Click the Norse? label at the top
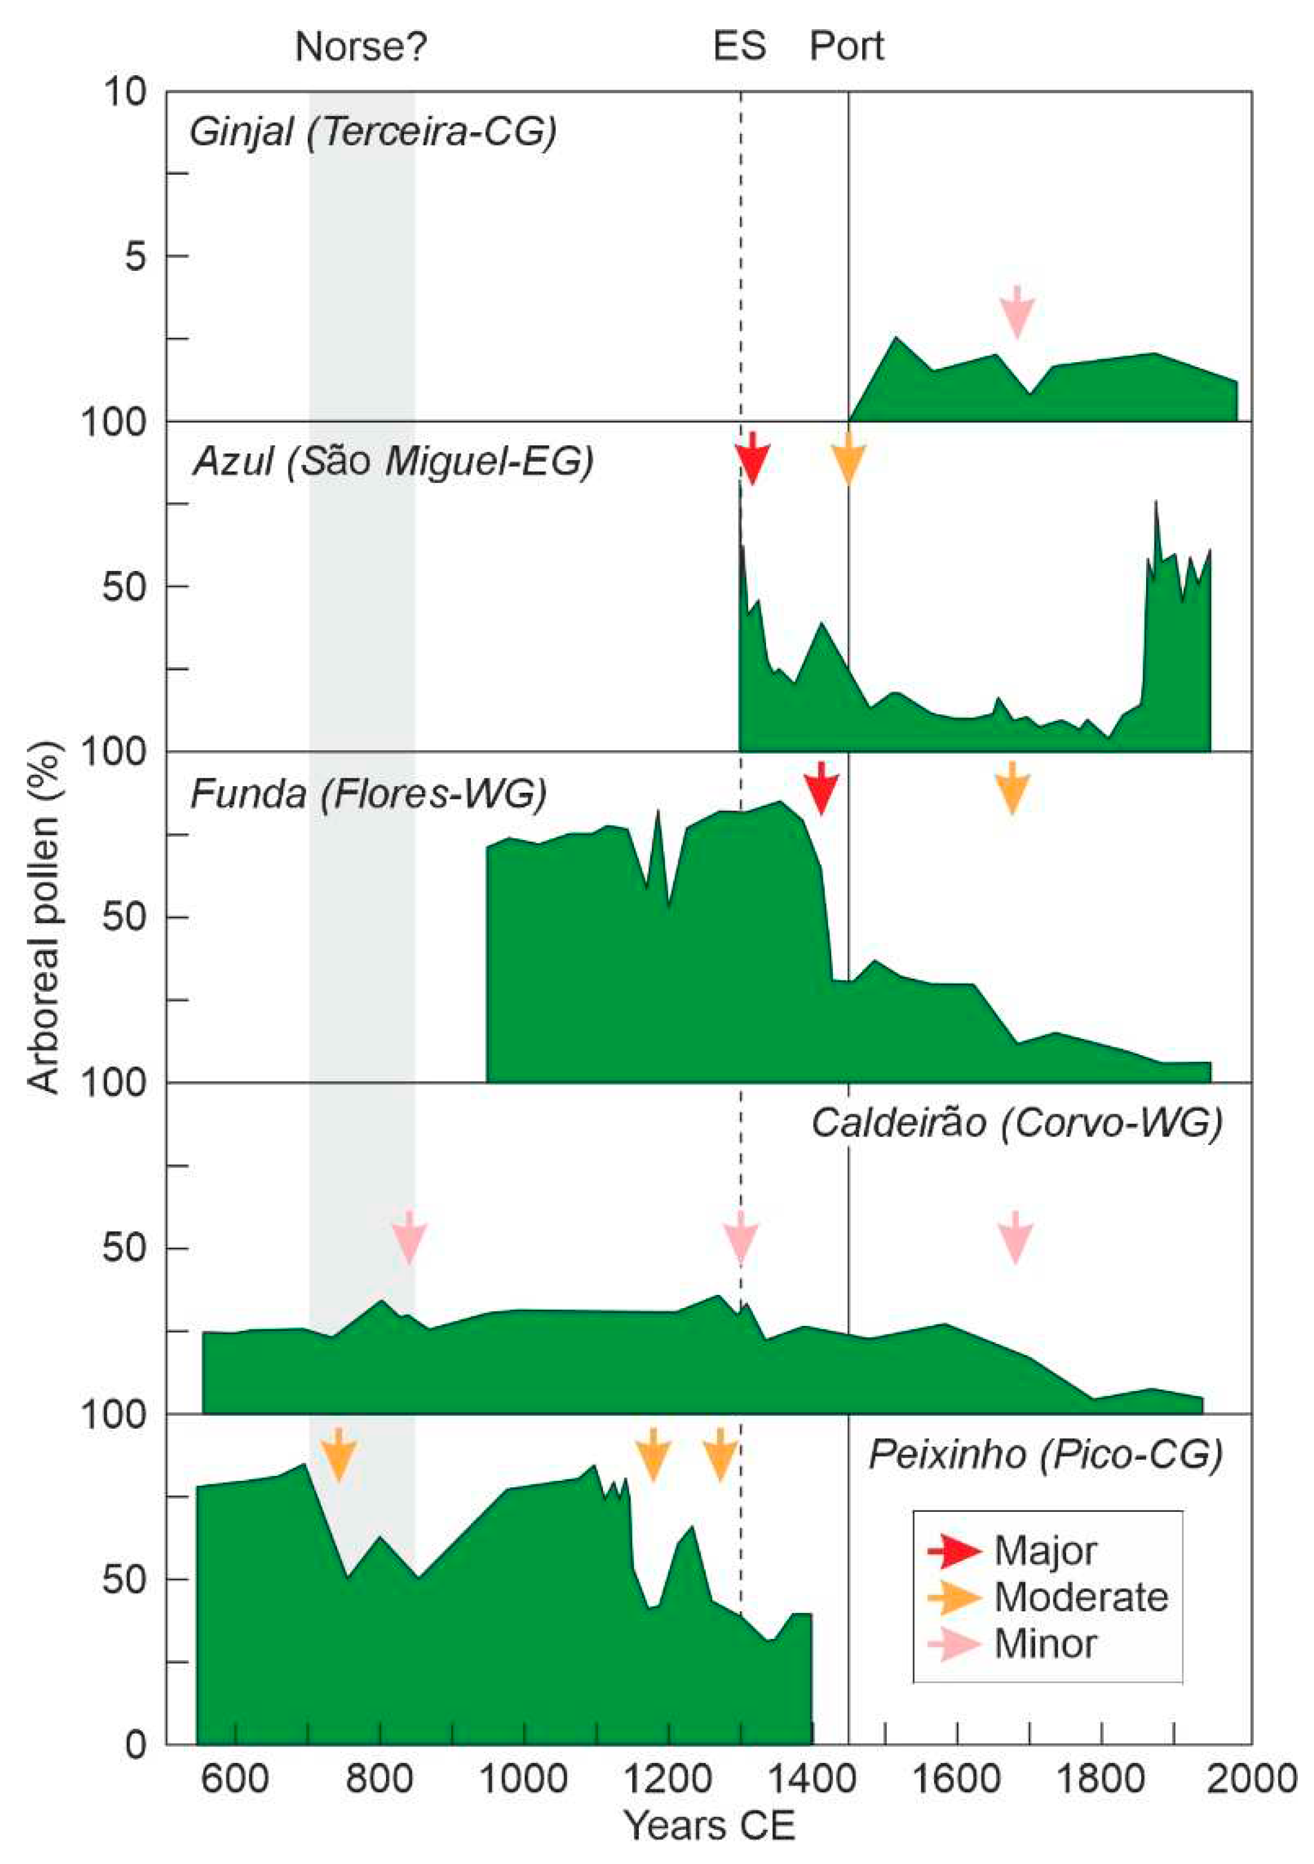[360, 47]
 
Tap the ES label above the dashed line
[739, 47]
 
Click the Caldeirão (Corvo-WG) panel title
[1016, 1123]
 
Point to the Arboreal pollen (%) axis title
[45, 918]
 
